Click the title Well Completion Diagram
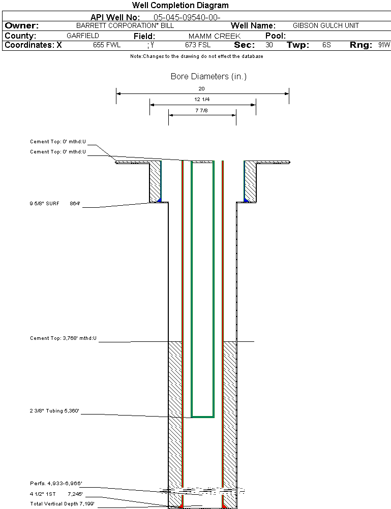[180, 6]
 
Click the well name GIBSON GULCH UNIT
[326, 25]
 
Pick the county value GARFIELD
[83, 36]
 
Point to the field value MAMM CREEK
[215, 37]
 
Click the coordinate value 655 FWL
[107, 45]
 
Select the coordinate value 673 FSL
[198, 45]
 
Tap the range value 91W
[384, 45]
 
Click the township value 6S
[326, 45]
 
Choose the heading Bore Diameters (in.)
[208, 77]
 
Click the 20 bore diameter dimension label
[202, 88]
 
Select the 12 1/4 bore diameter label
[202, 100]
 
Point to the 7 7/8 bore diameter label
[202, 110]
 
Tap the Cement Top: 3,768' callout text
[63, 338]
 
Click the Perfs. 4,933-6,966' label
[56, 483]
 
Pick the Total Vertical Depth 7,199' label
[62, 503]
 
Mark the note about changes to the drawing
[196, 56]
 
